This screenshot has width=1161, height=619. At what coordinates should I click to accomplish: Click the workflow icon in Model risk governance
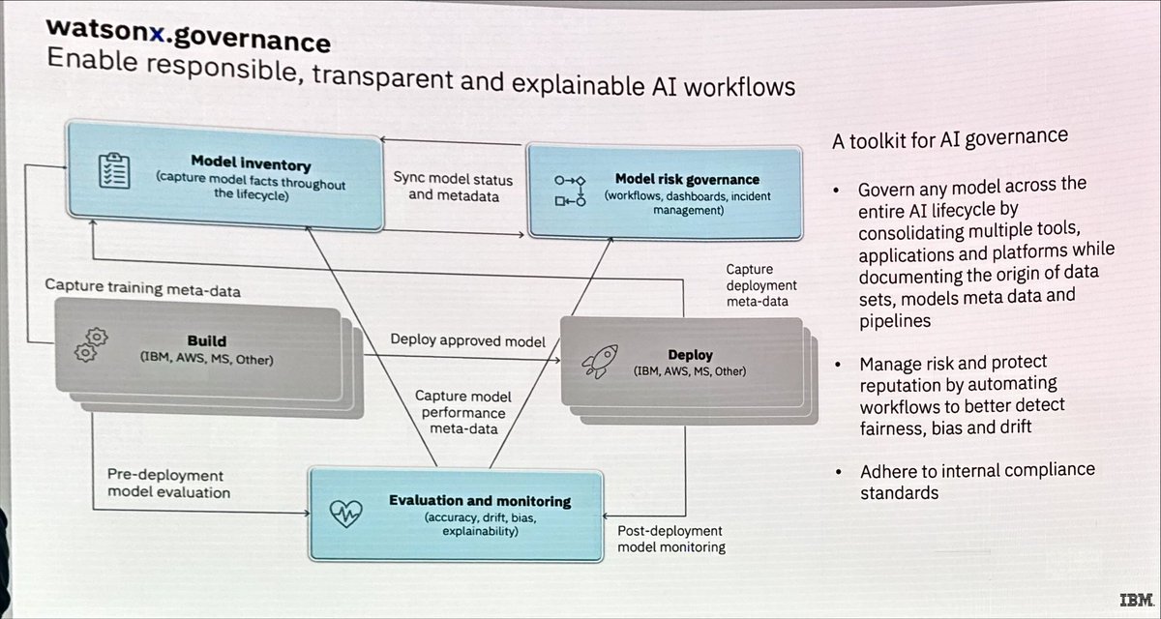[571, 190]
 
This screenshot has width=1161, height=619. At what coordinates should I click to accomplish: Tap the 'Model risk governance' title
[687, 179]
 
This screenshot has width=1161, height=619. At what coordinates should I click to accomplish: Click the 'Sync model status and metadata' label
[453, 189]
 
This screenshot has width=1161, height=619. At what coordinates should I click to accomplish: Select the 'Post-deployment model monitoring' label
[670, 539]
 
